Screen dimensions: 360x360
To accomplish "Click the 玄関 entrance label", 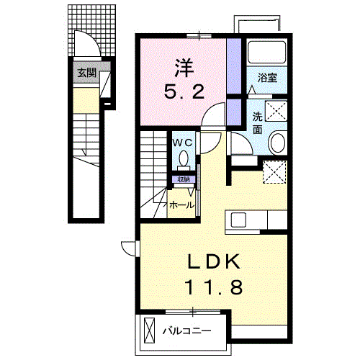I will coord(86,72).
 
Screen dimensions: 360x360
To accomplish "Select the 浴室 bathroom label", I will coord(268,78).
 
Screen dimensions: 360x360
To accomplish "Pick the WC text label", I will coord(182,142).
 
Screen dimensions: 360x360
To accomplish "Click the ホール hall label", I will coord(181,205).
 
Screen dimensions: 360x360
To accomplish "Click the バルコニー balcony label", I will coord(186,331).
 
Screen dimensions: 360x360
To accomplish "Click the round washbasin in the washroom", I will coord(277,143).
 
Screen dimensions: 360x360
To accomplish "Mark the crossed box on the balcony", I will coord(149,330).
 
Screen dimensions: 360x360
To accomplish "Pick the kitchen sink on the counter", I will coord(239,219).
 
